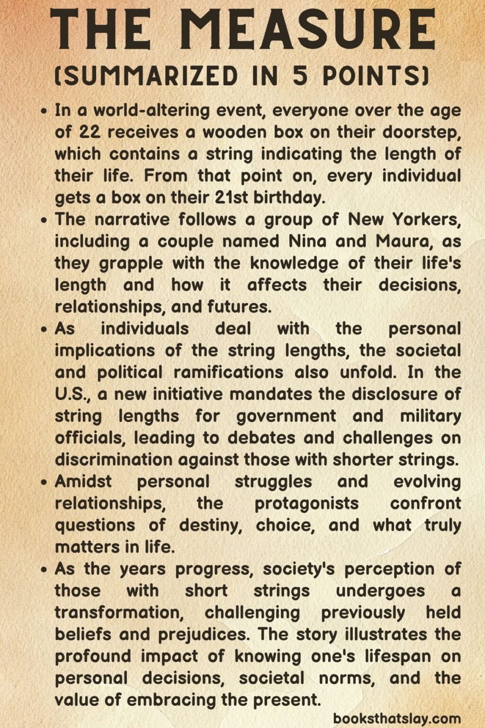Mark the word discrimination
[114, 460]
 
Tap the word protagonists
[306, 503]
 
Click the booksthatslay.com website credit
[397, 719]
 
